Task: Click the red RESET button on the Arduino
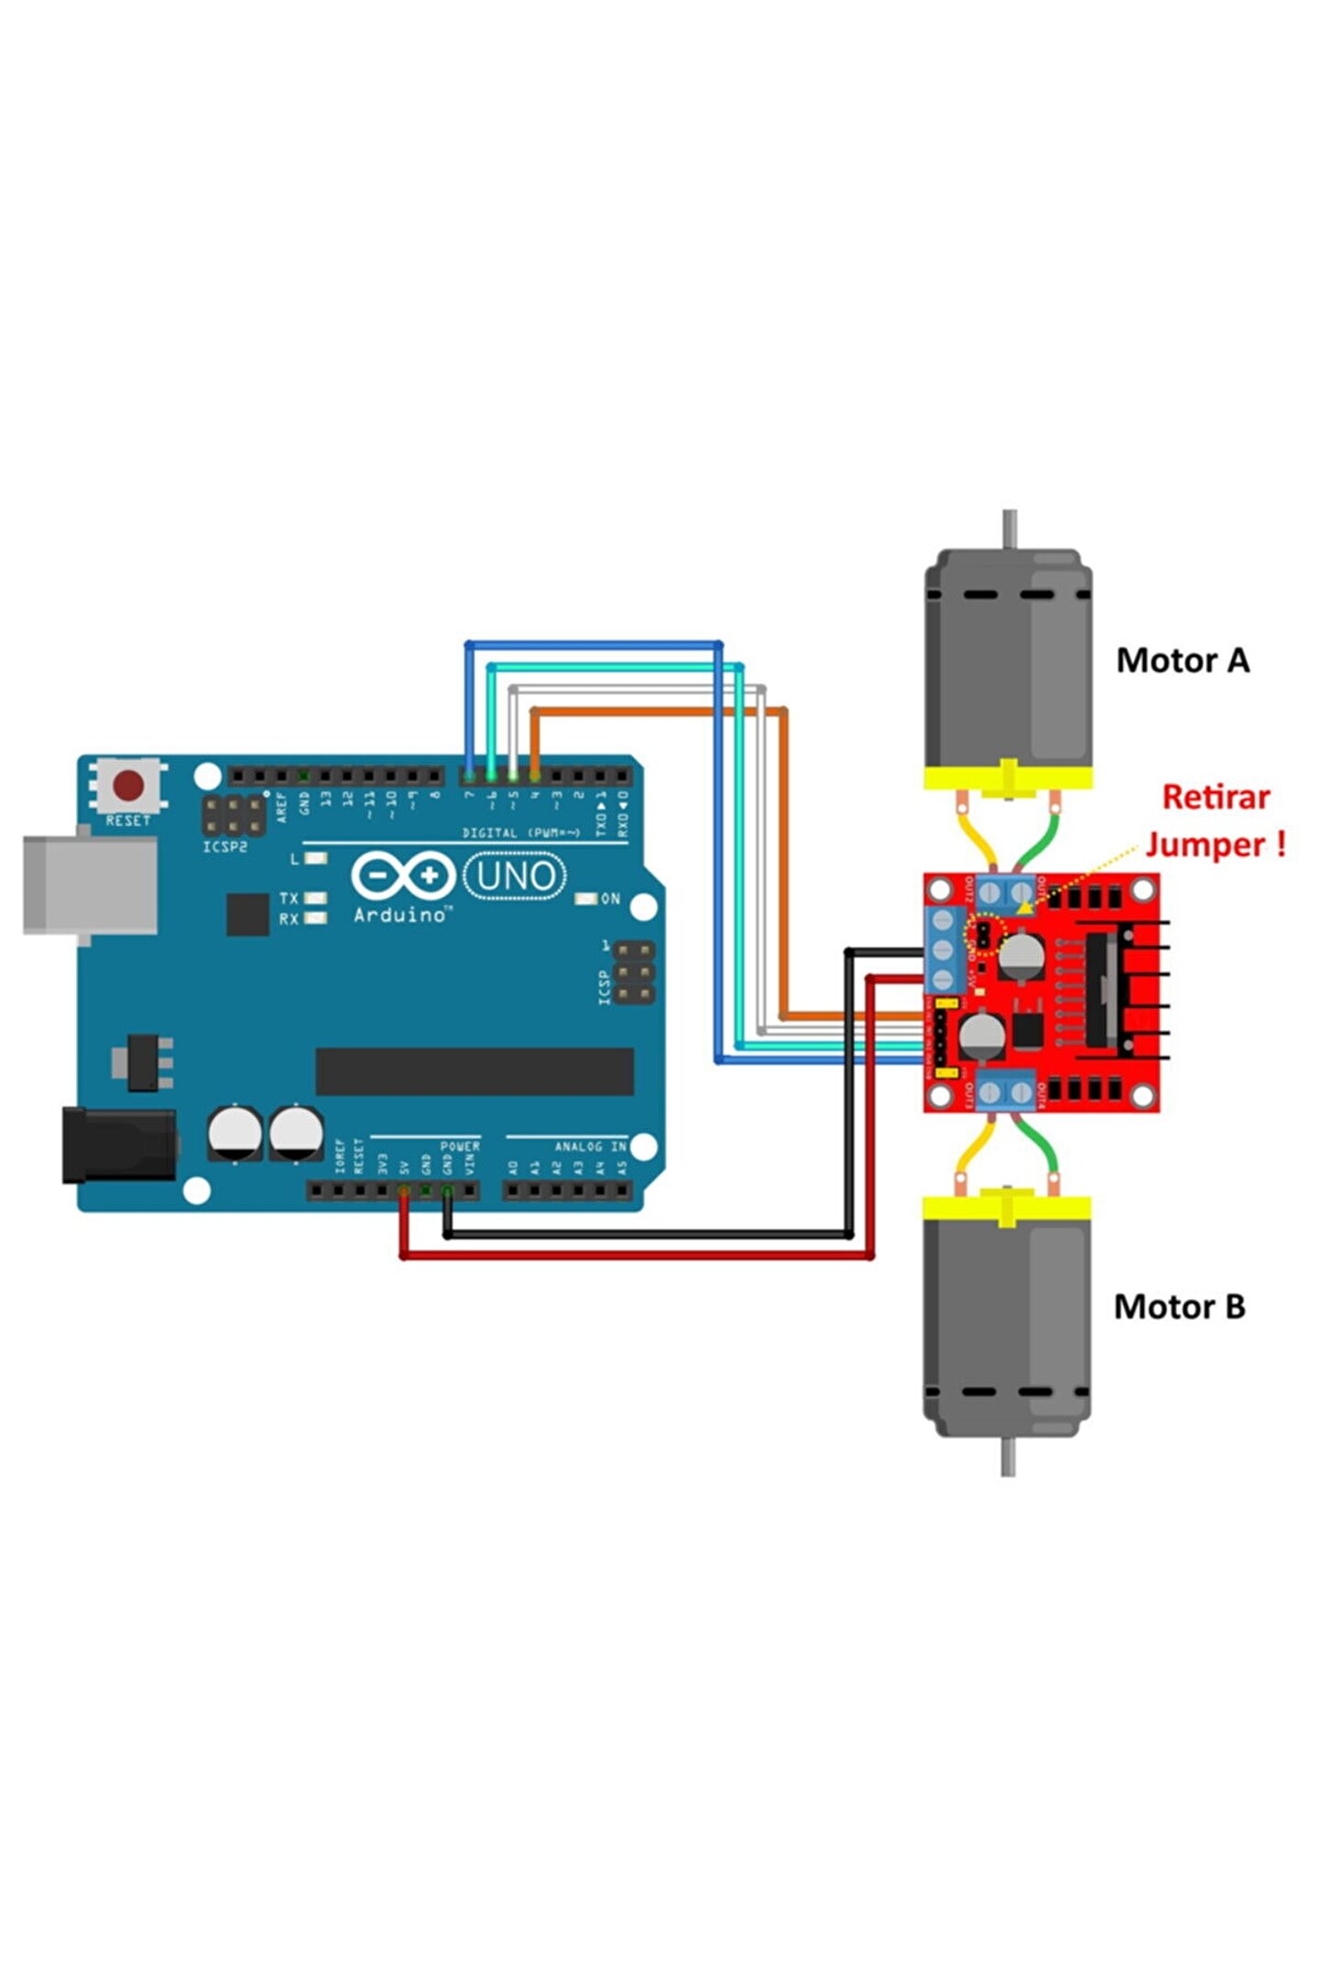coord(128,785)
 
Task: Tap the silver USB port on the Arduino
coord(90,884)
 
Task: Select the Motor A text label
coord(1182,660)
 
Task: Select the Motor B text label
coord(1179,1306)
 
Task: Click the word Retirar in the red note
coord(1215,797)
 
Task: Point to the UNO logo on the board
coord(515,876)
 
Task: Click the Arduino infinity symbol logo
coord(403,875)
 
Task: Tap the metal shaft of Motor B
coord(1007,1455)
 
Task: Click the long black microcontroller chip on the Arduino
coord(474,1071)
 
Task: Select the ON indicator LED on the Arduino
coord(585,899)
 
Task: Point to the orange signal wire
coord(784,869)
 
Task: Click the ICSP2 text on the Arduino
coord(225,847)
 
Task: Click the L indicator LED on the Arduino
coord(316,859)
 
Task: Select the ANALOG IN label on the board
coord(590,1146)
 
